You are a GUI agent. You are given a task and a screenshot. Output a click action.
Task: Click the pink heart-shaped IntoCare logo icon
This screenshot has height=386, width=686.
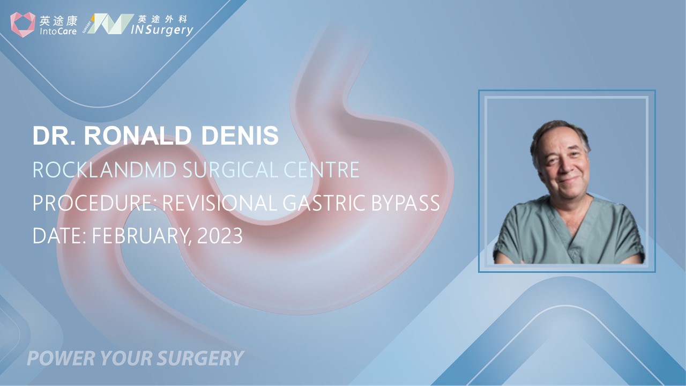(x=23, y=25)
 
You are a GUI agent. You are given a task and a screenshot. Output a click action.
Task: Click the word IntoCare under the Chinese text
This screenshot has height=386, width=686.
(x=58, y=31)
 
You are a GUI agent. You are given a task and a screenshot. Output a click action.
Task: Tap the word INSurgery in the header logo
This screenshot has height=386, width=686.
(x=162, y=30)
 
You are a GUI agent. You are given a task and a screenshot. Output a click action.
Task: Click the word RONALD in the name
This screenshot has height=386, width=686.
(x=138, y=136)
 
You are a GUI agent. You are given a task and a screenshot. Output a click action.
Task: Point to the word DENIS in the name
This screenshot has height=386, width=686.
(x=240, y=136)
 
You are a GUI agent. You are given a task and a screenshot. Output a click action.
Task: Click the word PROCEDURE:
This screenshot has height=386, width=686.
(x=95, y=203)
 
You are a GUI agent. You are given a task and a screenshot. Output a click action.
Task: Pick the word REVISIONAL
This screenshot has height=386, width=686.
(x=220, y=203)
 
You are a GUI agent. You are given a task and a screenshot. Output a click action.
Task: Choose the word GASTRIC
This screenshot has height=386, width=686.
(x=324, y=203)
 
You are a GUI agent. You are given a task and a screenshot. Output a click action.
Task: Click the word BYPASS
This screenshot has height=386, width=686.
(x=406, y=203)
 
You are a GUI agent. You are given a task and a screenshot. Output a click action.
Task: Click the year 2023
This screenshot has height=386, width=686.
(x=220, y=235)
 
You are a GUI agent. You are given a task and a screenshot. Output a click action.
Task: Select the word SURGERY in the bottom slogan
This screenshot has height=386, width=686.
(x=201, y=358)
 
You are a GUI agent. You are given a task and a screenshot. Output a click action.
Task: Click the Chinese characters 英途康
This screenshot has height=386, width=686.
(x=58, y=21)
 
